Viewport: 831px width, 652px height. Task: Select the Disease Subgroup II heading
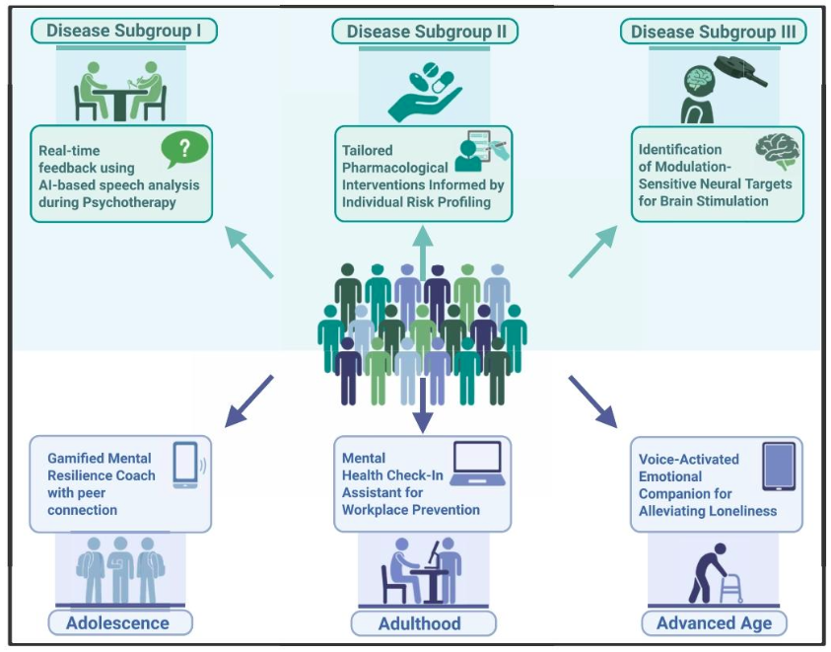pos(426,32)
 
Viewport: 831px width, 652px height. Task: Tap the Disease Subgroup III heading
pos(713,32)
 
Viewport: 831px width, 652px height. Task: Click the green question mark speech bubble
pos(185,149)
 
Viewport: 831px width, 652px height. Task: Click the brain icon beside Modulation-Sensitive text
pos(777,151)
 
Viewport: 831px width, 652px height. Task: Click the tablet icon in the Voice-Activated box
pos(780,467)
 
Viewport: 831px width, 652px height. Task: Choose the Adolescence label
pos(117,622)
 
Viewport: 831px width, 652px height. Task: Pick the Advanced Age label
pos(714,623)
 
